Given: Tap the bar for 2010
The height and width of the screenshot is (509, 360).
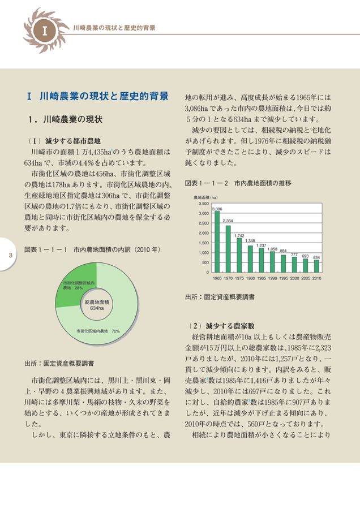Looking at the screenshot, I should [316, 266].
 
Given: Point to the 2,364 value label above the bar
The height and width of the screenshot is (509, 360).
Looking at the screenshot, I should [228, 221].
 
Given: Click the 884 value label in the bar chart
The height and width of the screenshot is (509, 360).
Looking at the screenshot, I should [283, 250].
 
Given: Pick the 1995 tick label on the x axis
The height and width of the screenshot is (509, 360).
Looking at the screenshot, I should [283, 278].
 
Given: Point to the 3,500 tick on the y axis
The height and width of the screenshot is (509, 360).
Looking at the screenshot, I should [203, 204].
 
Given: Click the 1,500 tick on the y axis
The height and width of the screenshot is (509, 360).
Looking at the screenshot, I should [203, 243].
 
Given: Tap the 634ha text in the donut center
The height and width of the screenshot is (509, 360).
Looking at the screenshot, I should [97, 309].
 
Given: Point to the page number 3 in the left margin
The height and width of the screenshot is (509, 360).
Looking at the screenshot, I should [10, 255].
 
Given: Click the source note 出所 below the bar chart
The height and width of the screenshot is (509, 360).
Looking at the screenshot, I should [220, 296].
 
